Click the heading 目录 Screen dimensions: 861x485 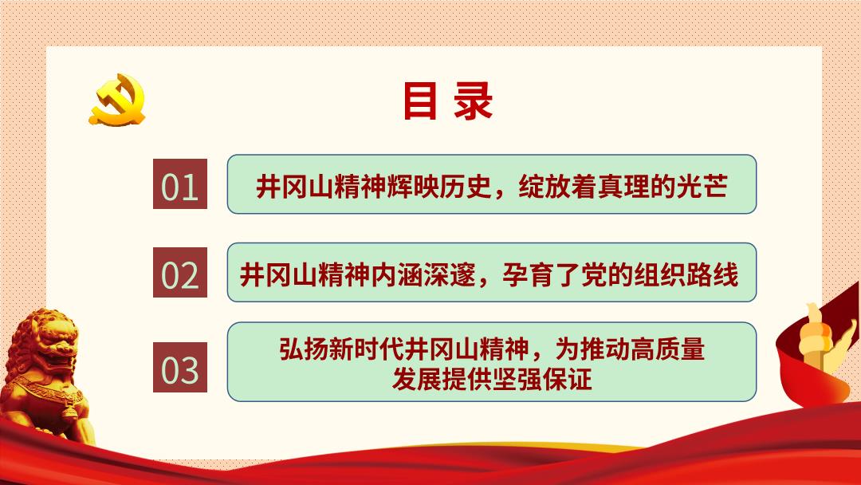click(x=448, y=101)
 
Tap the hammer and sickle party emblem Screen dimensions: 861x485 click(x=117, y=100)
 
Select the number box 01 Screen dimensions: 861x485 click(x=180, y=184)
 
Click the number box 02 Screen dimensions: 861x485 click(x=180, y=273)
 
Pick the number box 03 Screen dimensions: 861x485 click(x=180, y=368)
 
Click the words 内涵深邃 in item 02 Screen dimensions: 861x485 click(x=423, y=274)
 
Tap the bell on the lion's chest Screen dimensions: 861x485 click(x=69, y=410)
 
